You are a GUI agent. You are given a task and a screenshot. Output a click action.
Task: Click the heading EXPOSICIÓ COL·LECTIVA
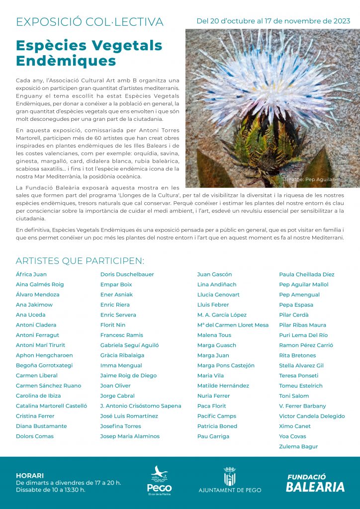(90, 22)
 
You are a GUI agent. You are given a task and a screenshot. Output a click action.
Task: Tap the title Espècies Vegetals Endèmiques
(89, 53)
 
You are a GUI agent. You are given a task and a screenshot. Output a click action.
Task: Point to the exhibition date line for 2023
(273, 21)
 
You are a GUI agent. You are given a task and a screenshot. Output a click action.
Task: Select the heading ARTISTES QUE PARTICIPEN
(80, 261)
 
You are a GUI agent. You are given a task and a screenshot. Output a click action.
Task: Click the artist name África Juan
(31, 274)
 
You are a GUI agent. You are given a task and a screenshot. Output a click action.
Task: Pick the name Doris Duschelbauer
(127, 274)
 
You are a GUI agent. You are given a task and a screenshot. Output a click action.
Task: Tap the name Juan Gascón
(214, 274)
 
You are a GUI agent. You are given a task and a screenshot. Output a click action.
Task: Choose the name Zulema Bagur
(298, 446)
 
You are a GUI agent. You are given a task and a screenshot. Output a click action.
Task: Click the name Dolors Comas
(35, 436)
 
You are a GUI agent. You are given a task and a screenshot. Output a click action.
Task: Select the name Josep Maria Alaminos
(130, 436)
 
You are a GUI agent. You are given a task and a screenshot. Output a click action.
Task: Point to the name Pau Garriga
(213, 436)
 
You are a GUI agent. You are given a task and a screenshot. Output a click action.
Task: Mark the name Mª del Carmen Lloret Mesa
(233, 325)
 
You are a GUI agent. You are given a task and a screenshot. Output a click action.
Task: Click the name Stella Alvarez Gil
(301, 365)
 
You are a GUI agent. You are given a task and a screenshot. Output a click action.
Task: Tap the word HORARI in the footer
(30, 476)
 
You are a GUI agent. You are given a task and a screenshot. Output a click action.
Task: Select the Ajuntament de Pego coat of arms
(229, 476)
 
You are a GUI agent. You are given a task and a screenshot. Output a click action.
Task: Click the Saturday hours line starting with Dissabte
(50, 490)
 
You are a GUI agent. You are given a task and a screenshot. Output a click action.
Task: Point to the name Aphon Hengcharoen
(44, 355)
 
